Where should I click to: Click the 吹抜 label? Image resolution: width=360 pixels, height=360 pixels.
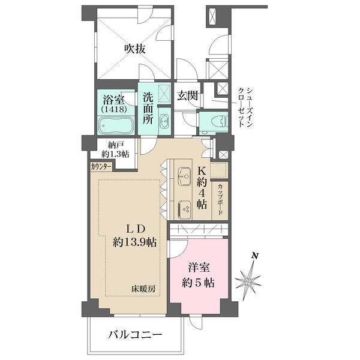pyautogui.click(x=135, y=49)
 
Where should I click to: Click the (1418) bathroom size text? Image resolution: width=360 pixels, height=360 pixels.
pyautogui.click(x=113, y=110)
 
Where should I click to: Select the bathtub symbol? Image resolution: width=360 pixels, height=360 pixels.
pyautogui.click(x=116, y=125)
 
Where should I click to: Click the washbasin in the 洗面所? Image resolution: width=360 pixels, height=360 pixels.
pyautogui.click(x=164, y=120)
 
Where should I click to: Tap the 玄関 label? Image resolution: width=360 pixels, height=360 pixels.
pyautogui.click(x=188, y=95)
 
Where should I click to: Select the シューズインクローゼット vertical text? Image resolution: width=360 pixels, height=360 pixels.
pyautogui.click(x=246, y=107)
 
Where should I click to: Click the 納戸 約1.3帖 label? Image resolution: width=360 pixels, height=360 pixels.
pyautogui.click(x=115, y=150)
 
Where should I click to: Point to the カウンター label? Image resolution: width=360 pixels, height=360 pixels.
pyautogui.click(x=101, y=166)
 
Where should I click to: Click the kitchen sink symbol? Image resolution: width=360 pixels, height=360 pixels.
pyautogui.click(x=184, y=176)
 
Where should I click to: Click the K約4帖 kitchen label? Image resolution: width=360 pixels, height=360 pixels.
pyautogui.click(x=202, y=188)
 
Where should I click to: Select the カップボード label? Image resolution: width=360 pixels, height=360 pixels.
pyautogui.click(x=220, y=199)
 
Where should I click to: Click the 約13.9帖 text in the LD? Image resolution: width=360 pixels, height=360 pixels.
pyautogui.click(x=135, y=242)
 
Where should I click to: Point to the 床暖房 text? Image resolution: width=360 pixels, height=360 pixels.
pyautogui.click(x=143, y=289)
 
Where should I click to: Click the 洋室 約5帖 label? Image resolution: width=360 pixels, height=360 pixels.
pyautogui.click(x=199, y=275)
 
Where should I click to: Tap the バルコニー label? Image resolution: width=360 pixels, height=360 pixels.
pyautogui.click(x=135, y=335)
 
